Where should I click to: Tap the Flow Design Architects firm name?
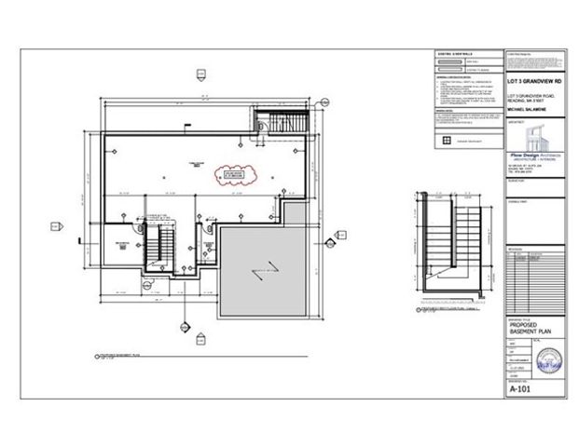540,147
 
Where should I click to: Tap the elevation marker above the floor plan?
200,72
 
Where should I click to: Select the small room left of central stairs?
121,246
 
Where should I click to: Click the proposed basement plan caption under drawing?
119,356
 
